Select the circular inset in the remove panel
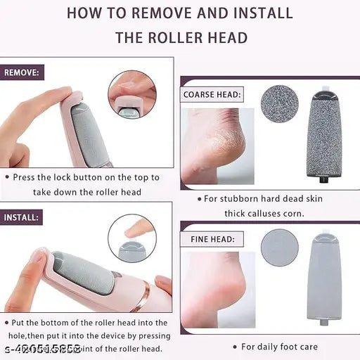pos(131,93)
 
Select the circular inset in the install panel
pos(131,238)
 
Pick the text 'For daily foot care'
pos(278,347)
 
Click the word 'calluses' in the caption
pos(265,213)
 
